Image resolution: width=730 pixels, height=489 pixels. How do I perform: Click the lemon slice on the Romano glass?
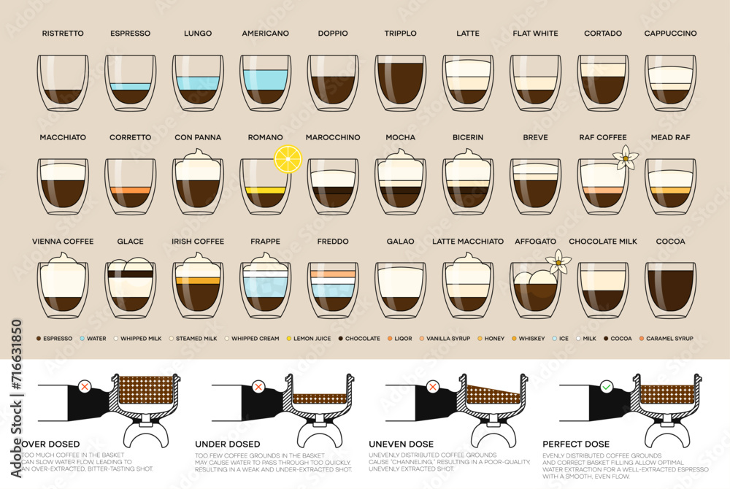[288, 158]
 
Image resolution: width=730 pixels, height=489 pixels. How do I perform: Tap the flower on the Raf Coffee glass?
[625, 157]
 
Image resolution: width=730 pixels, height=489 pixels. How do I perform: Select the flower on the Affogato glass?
[558, 261]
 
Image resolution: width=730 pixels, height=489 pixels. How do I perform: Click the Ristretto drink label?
[63, 34]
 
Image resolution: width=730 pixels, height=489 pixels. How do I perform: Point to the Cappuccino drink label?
[670, 34]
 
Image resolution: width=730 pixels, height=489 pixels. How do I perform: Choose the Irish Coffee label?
[198, 242]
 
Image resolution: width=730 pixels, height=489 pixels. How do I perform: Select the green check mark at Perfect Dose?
[606, 386]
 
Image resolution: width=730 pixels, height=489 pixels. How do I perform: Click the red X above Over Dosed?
[85, 386]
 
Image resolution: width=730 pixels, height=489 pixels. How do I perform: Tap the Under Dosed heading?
[227, 444]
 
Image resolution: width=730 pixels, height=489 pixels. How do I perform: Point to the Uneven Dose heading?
[401, 444]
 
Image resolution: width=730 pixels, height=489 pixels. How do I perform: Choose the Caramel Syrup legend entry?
[665, 339]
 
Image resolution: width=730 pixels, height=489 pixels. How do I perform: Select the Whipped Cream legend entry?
[253, 339]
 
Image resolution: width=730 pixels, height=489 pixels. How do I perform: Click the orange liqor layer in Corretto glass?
[130, 190]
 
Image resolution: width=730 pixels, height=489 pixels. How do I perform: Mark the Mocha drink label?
[401, 137]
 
